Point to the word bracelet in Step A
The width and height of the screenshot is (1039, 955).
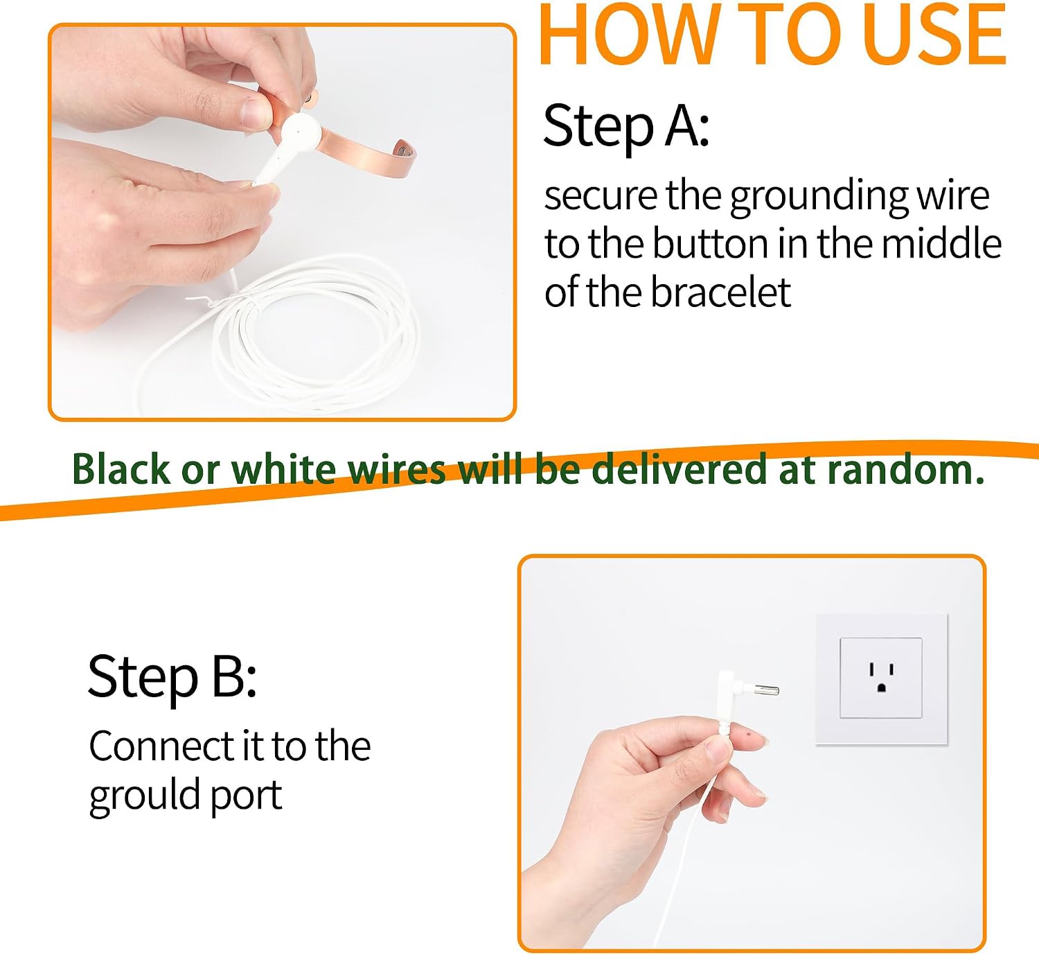[720, 293]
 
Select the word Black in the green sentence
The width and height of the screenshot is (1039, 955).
[121, 469]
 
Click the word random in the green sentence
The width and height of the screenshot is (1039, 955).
[905, 469]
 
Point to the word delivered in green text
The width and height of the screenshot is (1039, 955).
[680, 468]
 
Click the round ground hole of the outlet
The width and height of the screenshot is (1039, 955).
[881, 688]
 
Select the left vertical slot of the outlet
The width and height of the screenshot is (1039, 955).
[872, 669]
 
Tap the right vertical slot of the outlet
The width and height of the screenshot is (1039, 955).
[891, 669]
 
